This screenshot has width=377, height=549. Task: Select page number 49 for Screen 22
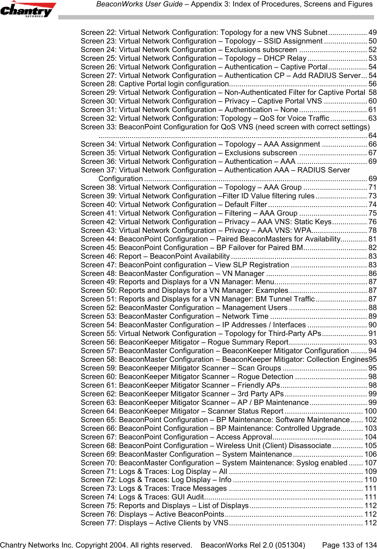(x=373, y=33)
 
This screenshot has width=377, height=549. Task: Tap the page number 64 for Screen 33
(x=373, y=136)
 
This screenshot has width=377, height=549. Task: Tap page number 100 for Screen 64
(x=371, y=411)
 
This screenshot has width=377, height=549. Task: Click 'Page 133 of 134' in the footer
(x=348, y=545)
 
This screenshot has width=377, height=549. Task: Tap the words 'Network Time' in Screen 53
(x=245, y=317)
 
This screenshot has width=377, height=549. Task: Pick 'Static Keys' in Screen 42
(x=313, y=222)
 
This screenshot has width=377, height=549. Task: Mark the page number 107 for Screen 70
(x=371, y=463)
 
